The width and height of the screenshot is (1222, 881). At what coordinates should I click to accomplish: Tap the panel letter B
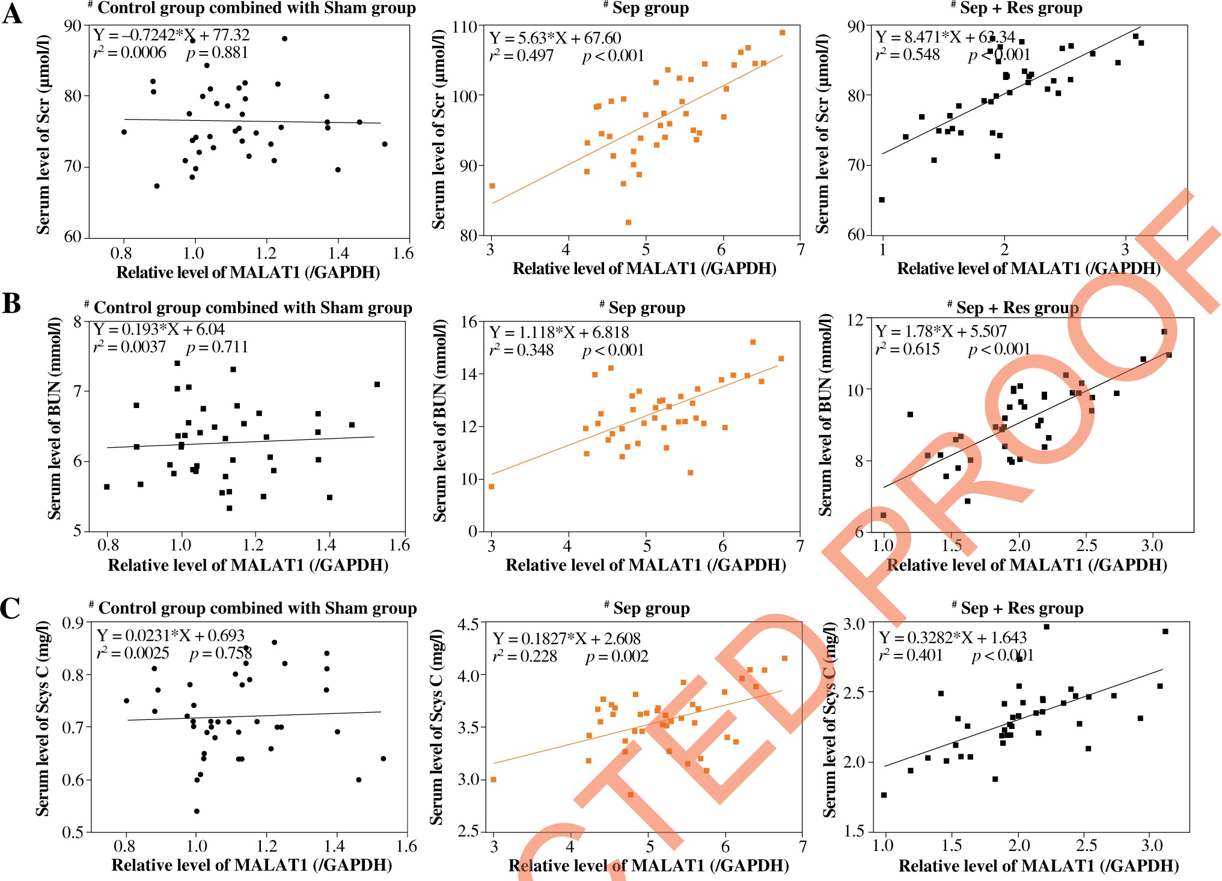tap(12, 303)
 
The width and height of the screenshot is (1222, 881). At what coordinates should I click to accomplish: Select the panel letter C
tap(11, 608)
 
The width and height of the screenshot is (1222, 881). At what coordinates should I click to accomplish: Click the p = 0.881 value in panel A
tap(217, 53)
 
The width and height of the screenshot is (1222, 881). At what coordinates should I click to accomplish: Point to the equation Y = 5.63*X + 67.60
tap(555, 38)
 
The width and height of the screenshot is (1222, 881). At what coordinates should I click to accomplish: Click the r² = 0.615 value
tap(907, 349)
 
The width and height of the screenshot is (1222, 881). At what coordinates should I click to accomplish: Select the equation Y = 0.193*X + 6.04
tap(159, 329)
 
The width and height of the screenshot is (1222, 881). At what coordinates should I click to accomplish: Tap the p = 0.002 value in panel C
tap(617, 656)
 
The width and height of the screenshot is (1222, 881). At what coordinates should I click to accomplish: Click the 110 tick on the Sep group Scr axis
tap(465, 27)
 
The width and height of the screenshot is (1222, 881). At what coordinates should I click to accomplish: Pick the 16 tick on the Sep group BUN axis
tap(469, 322)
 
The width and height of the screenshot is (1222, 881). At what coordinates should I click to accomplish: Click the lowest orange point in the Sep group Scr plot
tap(628, 222)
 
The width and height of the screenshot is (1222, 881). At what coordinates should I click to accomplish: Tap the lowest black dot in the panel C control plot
tap(197, 811)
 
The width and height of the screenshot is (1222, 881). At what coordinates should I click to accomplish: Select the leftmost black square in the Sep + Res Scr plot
tap(882, 200)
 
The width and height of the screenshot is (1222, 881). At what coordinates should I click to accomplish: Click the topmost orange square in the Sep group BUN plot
tap(753, 342)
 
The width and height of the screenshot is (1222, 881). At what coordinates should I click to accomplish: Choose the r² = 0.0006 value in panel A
tap(130, 53)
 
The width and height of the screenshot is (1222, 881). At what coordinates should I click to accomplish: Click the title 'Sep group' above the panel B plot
tap(647, 308)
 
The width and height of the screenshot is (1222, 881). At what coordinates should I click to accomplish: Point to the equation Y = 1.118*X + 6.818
tap(559, 332)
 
